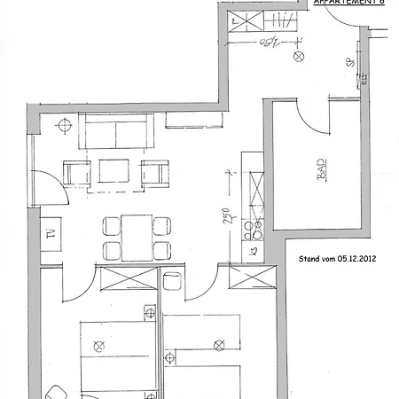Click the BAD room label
coord(321,170)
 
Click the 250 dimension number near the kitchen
coord(227,218)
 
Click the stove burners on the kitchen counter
coord(254,231)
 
